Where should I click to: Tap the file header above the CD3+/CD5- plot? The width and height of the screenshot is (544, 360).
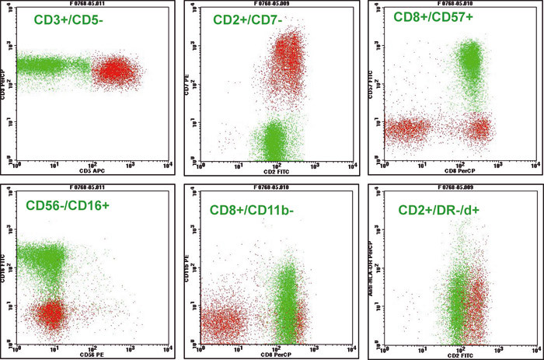90,4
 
